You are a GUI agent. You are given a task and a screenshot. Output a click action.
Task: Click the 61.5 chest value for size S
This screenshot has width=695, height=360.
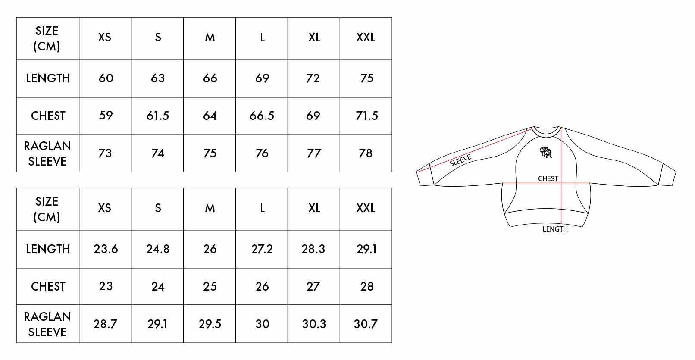158,116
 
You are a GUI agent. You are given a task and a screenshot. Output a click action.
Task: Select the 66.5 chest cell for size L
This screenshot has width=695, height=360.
262,116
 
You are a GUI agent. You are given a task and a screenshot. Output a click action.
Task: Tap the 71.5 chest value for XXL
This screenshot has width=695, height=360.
366,116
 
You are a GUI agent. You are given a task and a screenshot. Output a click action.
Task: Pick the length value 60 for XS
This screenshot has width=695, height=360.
106,78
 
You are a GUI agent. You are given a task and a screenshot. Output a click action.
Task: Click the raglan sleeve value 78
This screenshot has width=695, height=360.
366,153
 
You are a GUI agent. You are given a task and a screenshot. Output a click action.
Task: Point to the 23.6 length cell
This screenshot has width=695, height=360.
106,249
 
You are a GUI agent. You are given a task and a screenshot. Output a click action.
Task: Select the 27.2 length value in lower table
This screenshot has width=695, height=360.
262,249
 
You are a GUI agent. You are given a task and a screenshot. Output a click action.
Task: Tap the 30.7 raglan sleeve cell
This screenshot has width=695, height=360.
366,324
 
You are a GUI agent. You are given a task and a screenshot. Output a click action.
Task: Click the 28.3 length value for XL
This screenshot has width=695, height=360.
313,249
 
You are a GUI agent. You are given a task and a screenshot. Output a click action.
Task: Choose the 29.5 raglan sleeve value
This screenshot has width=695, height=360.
210,324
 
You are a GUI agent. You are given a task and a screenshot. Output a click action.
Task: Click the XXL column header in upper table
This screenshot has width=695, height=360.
366,38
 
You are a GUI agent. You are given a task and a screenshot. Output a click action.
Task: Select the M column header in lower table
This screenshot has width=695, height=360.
210,208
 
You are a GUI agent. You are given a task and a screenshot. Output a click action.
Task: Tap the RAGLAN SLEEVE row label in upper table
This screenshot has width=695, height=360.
47,153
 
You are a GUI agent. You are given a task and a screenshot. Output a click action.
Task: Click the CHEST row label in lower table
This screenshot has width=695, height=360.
48,286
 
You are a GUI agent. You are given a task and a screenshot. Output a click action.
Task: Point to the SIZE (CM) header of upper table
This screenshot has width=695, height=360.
47,38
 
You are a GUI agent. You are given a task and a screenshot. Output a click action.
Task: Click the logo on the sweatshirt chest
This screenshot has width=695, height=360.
546,152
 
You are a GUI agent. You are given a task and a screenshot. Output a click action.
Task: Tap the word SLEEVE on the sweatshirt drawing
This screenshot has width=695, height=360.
460,160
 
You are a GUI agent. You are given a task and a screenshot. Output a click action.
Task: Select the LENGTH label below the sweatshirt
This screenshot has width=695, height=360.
555,229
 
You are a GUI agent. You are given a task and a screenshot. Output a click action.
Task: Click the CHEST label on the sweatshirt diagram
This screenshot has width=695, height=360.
548,178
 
